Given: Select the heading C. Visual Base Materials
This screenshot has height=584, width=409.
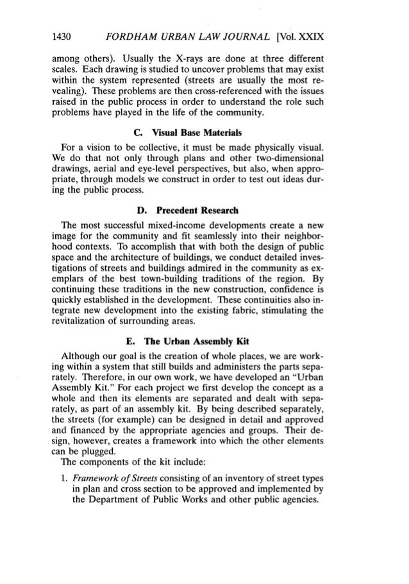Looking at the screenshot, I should tap(204, 133).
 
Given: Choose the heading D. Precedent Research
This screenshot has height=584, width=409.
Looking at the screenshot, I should tap(204, 222).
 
